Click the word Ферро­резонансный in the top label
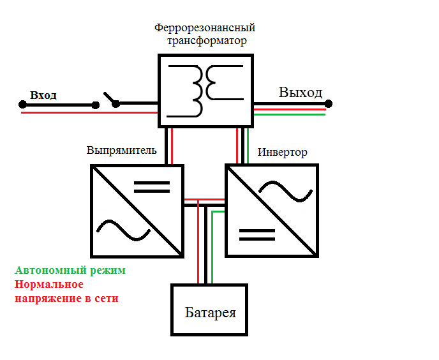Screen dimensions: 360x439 coord(205,29)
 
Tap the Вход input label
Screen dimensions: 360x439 coord(43,95)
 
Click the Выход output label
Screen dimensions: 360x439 coord(300,93)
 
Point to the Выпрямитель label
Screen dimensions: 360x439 coord(121,151)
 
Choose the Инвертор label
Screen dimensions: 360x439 coord(282,153)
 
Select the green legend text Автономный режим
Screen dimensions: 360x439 coord(70,270)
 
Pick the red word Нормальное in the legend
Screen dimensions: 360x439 coord(49,284)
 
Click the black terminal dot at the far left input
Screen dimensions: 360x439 coord(22,104)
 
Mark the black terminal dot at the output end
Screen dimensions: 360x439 coord(328,103)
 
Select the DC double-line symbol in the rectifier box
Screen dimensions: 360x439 coord(152,186)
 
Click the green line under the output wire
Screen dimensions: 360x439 coord(290,115)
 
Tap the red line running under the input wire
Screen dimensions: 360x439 coord(89,113)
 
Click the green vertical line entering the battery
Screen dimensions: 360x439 coord(212,249)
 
